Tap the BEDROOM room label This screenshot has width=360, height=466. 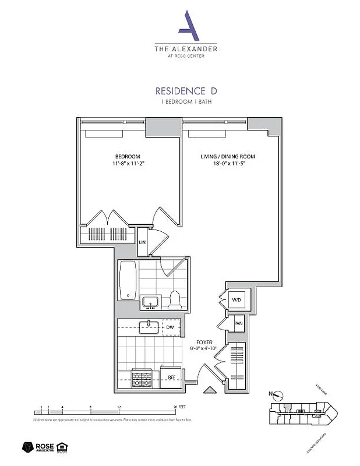click(127, 157)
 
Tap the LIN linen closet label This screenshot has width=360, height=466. click(142, 242)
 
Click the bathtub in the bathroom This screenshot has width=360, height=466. click(128, 280)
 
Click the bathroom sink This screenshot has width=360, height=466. click(151, 303)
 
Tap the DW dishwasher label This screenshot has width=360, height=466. click(170, 327)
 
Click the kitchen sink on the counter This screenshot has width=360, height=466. click(149, 326)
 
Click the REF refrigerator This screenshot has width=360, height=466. click(171, 377)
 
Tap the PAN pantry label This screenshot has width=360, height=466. click(238, 323)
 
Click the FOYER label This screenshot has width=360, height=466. click(204, 343)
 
